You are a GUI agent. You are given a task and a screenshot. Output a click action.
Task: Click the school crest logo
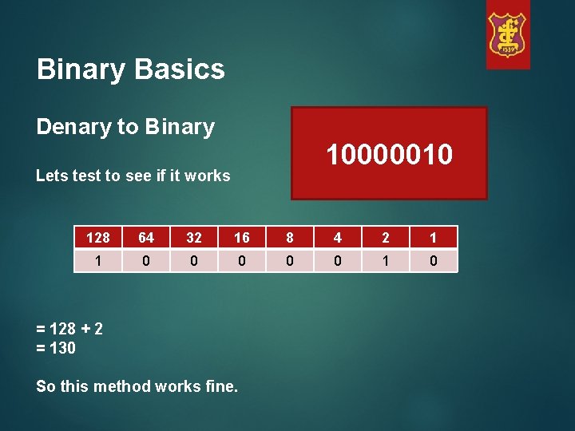508,35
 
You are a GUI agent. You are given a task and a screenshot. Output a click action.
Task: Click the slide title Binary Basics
131,69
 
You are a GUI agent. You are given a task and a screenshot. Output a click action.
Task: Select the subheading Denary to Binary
125,127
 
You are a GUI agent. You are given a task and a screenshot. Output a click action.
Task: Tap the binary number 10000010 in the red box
389,154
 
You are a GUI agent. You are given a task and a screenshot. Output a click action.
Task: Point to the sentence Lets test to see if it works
133,176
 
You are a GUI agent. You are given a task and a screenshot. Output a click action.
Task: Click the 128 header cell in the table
98,238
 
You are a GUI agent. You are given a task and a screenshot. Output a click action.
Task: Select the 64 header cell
146,238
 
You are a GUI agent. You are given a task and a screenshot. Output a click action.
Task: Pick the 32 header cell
194,238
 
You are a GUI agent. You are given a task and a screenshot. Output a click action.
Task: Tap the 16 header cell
242,238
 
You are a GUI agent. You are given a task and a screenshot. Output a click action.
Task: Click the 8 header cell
290,238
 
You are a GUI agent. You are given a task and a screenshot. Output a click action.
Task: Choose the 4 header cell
338,238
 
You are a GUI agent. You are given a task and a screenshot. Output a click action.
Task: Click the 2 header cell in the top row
386,238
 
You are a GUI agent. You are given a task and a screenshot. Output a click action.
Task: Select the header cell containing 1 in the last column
434,238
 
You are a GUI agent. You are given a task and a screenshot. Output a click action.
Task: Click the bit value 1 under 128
98,261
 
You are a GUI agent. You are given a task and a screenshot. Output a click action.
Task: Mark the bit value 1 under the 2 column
386,261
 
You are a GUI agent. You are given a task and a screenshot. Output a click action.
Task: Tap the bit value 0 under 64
146,261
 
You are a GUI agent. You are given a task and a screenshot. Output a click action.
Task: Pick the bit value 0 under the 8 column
290,261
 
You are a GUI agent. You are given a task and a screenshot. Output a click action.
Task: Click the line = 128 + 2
69,329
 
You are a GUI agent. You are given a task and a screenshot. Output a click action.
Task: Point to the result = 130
56,348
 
